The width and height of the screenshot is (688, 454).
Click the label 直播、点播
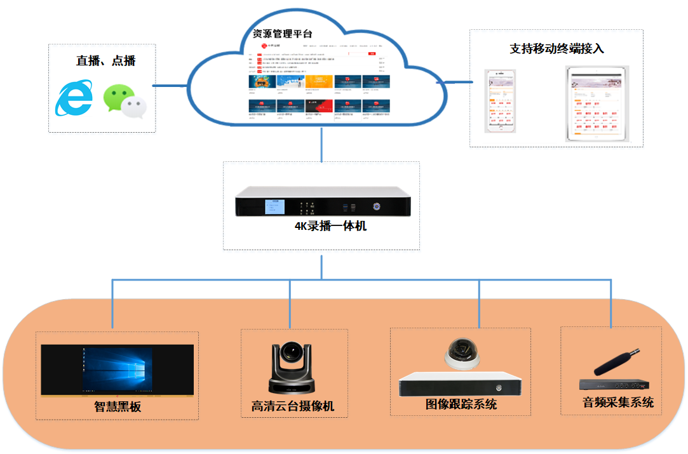(x=105, y=61)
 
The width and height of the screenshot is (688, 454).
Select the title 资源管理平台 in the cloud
(x=282, y=34)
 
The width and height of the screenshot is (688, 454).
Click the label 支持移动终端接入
(x=556, y=49)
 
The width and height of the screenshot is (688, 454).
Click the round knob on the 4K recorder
(x=377, y=206)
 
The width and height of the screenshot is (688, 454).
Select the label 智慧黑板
(x=118, y=407)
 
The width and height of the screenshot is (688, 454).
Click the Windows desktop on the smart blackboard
(x=117, y=368)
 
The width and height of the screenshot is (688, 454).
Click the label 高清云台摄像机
(x=293, y=406)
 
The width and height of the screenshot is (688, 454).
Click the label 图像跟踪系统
(x=461, y=404)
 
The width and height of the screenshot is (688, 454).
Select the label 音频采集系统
(x=617, y=403)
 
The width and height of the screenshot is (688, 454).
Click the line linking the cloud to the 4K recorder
(x=322, y=145)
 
